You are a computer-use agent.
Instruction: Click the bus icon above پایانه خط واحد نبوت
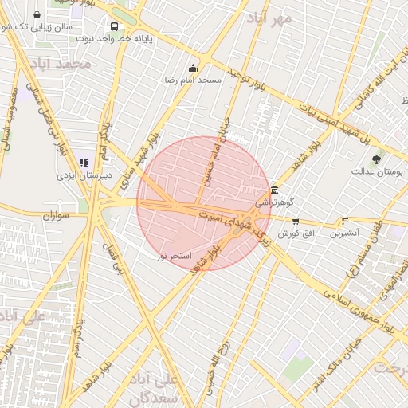[116, 25]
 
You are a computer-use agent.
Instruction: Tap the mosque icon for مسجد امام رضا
[193, 69]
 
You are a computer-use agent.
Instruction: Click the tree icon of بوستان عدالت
[377, 159]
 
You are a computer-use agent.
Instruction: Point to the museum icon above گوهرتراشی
[274, 190]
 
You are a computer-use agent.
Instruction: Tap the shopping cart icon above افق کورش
[296, 222]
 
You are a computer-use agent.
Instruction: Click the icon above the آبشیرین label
[345, 221]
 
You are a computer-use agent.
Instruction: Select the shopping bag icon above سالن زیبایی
[37, 14]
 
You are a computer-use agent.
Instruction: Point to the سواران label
[57, 215]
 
